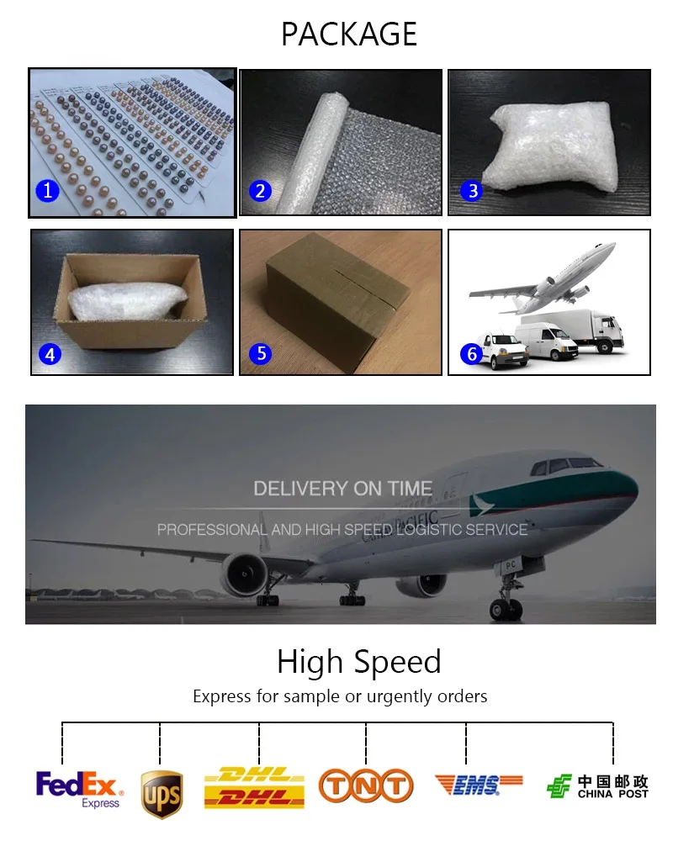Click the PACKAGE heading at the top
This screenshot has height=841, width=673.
(x=349, y=34)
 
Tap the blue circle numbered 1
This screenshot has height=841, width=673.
(x=47, y=190)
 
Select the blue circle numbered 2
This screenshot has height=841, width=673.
(x=260, y=191)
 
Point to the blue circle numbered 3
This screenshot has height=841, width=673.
(x=472, y=190)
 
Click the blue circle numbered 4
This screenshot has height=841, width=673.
(x=50, y=354)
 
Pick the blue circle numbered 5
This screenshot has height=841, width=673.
(x=261, y=353)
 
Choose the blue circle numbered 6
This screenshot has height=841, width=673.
(x=472, y=353)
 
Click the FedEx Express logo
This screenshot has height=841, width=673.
(x=79, y=790)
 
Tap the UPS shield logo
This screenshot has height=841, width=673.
(x=162, y=795)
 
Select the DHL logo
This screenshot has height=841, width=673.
(x=254, y=787)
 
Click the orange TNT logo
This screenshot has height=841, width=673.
(x=366, y=786)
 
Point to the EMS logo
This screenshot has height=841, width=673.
(x=478, y=785)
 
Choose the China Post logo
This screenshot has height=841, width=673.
(x=597, y=786)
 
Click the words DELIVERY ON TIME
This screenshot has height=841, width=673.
(x=343, y=489)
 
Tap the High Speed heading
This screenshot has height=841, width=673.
(x=359, y=661)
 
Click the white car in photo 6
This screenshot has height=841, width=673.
(x=501, y=351)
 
